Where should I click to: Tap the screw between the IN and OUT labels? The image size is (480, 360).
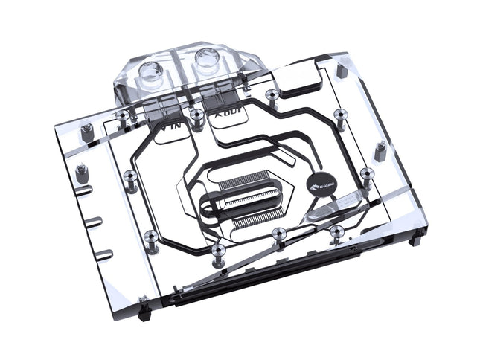pyautogui.click(x=196, y=117)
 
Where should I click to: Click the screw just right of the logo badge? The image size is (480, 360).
pyautogui.click(x=365, y=176)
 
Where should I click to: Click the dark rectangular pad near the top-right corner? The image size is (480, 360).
pyautogui.click(x=301, y=86)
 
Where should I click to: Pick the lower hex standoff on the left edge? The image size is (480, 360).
pyautogui.click(x=80, y=173)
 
